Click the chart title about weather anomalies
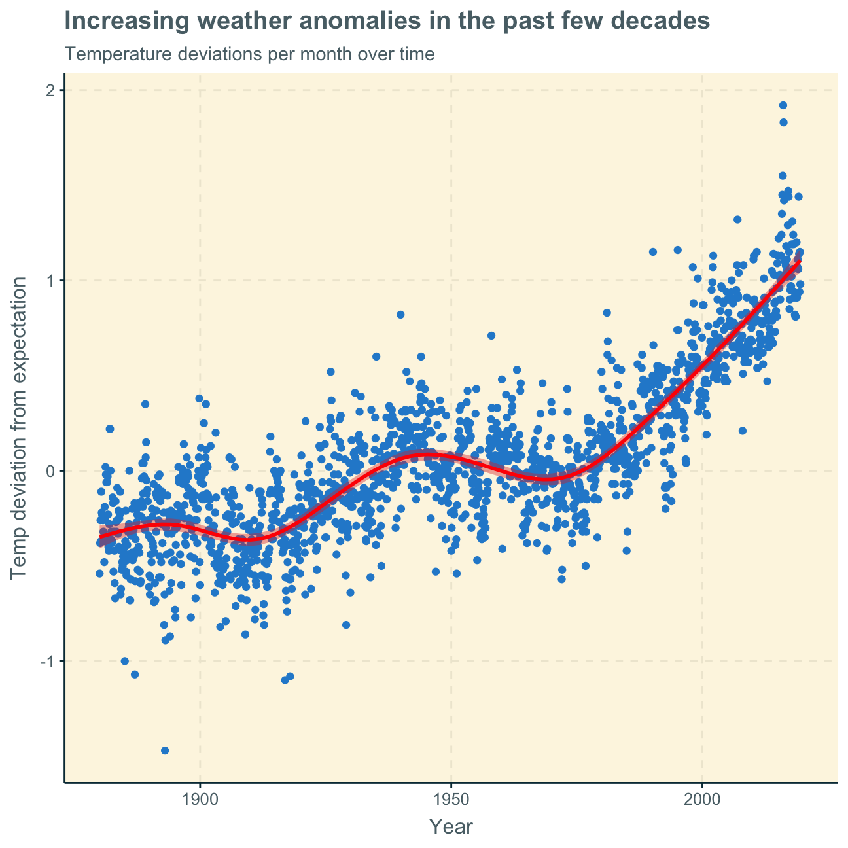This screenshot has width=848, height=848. tap(387, 22)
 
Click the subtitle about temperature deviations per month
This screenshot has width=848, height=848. tap(250, 54)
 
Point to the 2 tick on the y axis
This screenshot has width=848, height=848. tap(49, 90)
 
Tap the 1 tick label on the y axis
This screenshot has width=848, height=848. tap(49, 281)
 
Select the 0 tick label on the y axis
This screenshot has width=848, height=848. tap(49, 470)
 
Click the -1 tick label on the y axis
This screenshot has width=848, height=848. tap(46, 661)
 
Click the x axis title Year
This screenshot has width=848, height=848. tap(451, 827)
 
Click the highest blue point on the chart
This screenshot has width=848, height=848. tap(783, 105)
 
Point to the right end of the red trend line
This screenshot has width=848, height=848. tap(799, 261)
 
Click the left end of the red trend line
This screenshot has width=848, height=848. tap(100, 537)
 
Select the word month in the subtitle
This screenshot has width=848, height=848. tap(289, 54)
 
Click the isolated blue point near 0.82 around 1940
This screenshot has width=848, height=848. tap(400, 315)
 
